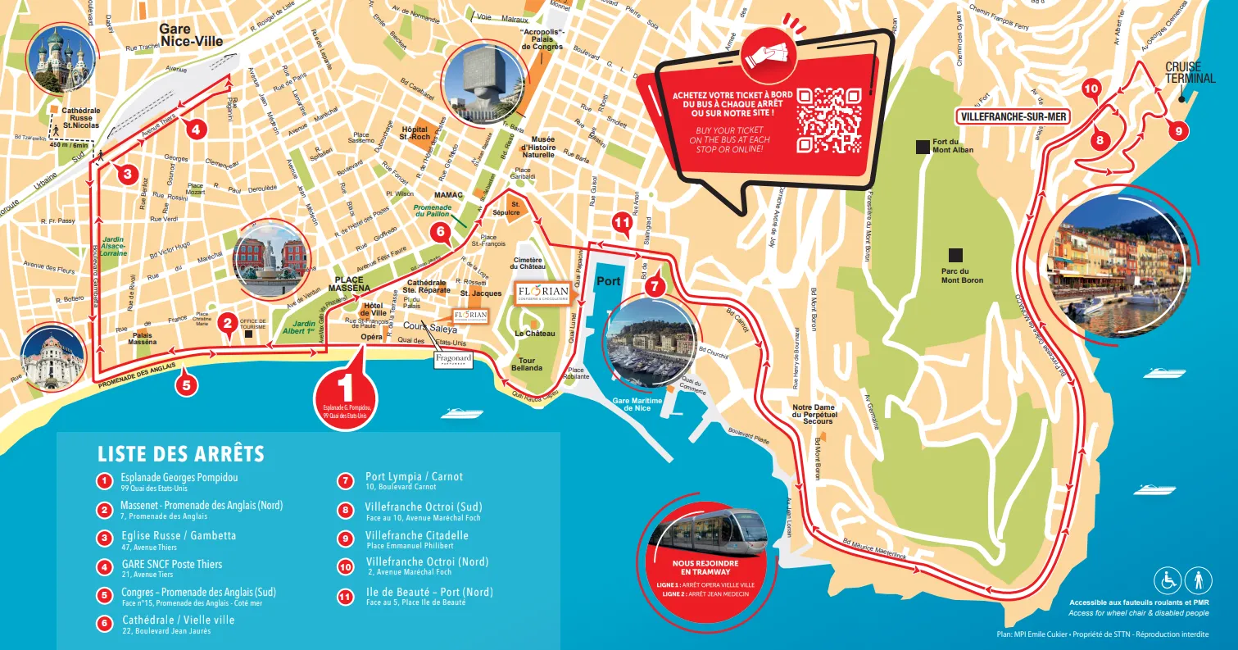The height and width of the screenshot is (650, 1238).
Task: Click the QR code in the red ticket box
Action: click(831, 120)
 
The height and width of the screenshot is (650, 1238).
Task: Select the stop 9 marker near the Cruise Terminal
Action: click(1177, 130)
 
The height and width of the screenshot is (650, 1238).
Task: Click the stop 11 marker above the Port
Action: click(623, 222)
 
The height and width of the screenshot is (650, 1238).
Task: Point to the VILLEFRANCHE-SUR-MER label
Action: click(1014, 116)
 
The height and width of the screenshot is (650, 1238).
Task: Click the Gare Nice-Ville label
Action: click(192, 34)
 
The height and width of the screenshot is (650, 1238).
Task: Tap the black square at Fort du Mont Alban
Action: click(923, 148)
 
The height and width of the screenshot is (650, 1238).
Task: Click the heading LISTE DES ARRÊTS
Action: click(180, 454)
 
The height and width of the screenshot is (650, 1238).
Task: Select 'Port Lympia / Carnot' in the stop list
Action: click(414, 477)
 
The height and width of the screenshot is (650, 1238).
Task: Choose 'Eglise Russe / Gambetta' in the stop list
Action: click(178, 535)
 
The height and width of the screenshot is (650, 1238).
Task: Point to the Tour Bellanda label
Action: click(526, 366)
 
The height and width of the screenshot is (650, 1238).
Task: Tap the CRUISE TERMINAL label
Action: click(1183, 73)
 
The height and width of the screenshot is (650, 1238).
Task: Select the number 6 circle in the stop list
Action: click(104, 624)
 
